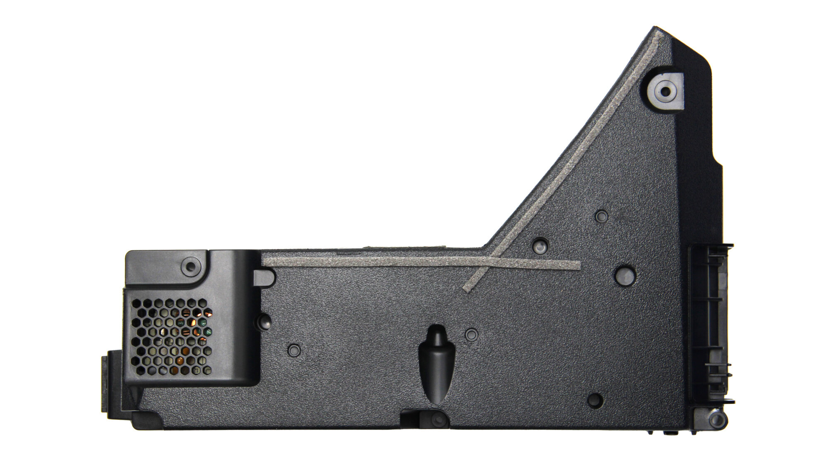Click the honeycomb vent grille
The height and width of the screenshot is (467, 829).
click(172, 336)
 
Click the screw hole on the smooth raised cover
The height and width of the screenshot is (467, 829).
click(190, 266)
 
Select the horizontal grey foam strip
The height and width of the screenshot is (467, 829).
click(373, 261)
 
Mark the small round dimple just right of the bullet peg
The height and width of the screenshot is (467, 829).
click(471, 334)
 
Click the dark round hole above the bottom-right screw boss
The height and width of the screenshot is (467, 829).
click(595, 400)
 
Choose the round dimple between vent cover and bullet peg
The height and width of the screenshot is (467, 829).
click(294, 350)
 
